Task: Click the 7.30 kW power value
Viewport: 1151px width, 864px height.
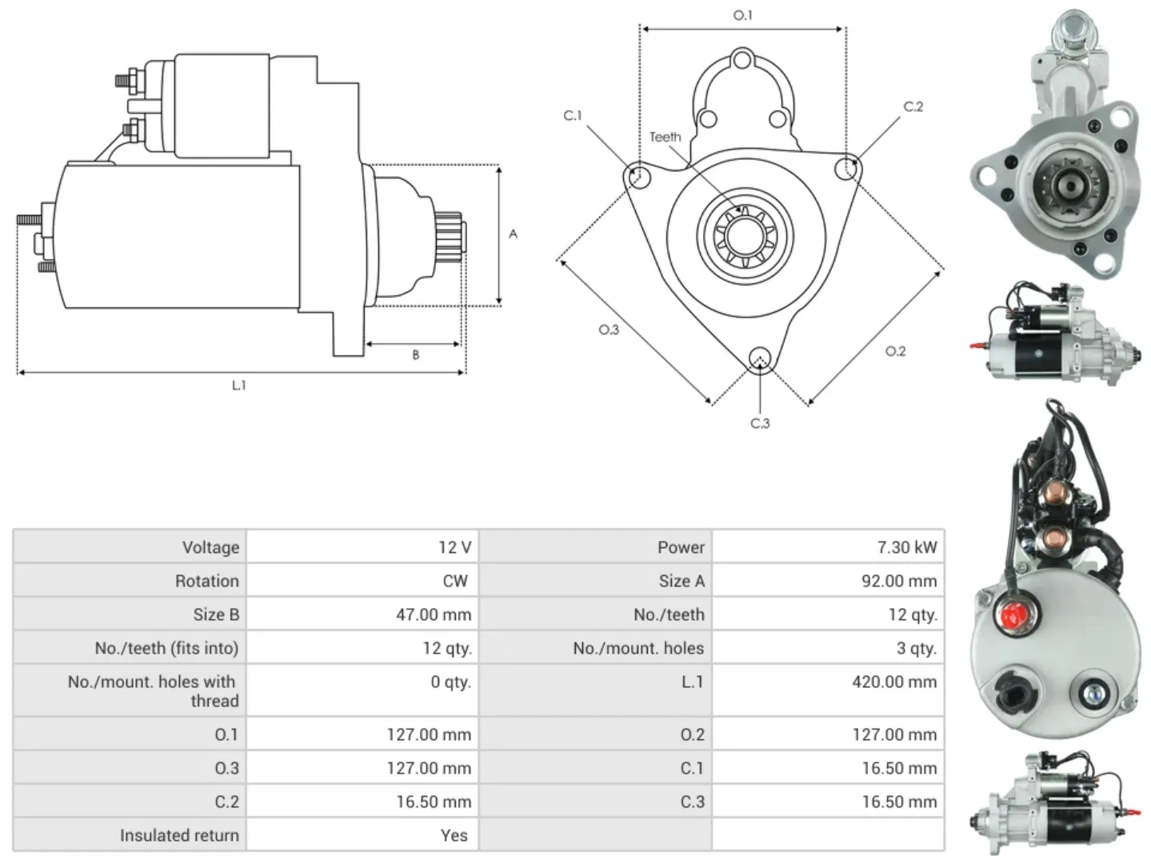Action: pos(906,548)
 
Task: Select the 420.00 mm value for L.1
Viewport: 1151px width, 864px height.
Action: pos(893,682)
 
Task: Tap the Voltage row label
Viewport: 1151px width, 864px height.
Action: pos(210,548)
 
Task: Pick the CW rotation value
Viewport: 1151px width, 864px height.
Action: pos(454,582)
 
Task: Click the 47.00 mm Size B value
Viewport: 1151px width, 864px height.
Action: pos(433,615)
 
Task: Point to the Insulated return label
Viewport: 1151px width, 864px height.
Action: pos(179,836)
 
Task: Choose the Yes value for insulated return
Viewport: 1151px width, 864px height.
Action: pos(454,836)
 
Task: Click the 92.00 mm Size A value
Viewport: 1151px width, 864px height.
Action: pos(898,582)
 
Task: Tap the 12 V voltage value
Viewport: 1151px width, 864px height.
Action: pos(454,548)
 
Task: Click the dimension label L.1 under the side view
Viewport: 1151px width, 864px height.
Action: pos(238,386)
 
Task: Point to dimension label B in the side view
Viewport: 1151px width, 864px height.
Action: pos(415,355)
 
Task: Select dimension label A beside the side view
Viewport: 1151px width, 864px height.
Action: pos(514,234)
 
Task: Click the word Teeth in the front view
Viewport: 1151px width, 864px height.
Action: pos(665,138)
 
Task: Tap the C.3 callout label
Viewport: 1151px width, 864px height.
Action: pos(760,423)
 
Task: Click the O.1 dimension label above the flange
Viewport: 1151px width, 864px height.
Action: pos(742,15)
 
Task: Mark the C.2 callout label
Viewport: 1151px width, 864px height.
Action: pos(913,107)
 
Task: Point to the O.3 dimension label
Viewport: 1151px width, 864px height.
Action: pos(609,330)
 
